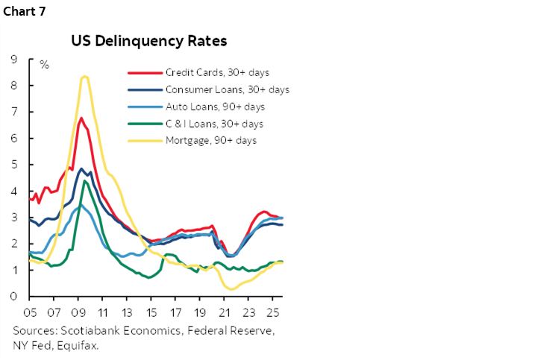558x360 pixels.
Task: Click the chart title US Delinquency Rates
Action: [149, 40]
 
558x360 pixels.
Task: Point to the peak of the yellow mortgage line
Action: [85, 76]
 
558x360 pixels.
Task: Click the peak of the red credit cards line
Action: [81, 118]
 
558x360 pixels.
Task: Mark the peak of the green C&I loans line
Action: [85, 181]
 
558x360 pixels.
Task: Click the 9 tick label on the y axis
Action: [14, 59]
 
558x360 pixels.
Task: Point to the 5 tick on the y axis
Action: [14, 165]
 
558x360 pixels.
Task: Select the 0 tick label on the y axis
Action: [14, 297]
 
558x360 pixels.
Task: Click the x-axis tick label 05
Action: [31, 312]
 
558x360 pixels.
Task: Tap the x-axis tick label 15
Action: [152, 312]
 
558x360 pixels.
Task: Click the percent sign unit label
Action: [44, 66]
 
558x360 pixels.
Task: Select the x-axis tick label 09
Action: [80, 312]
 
